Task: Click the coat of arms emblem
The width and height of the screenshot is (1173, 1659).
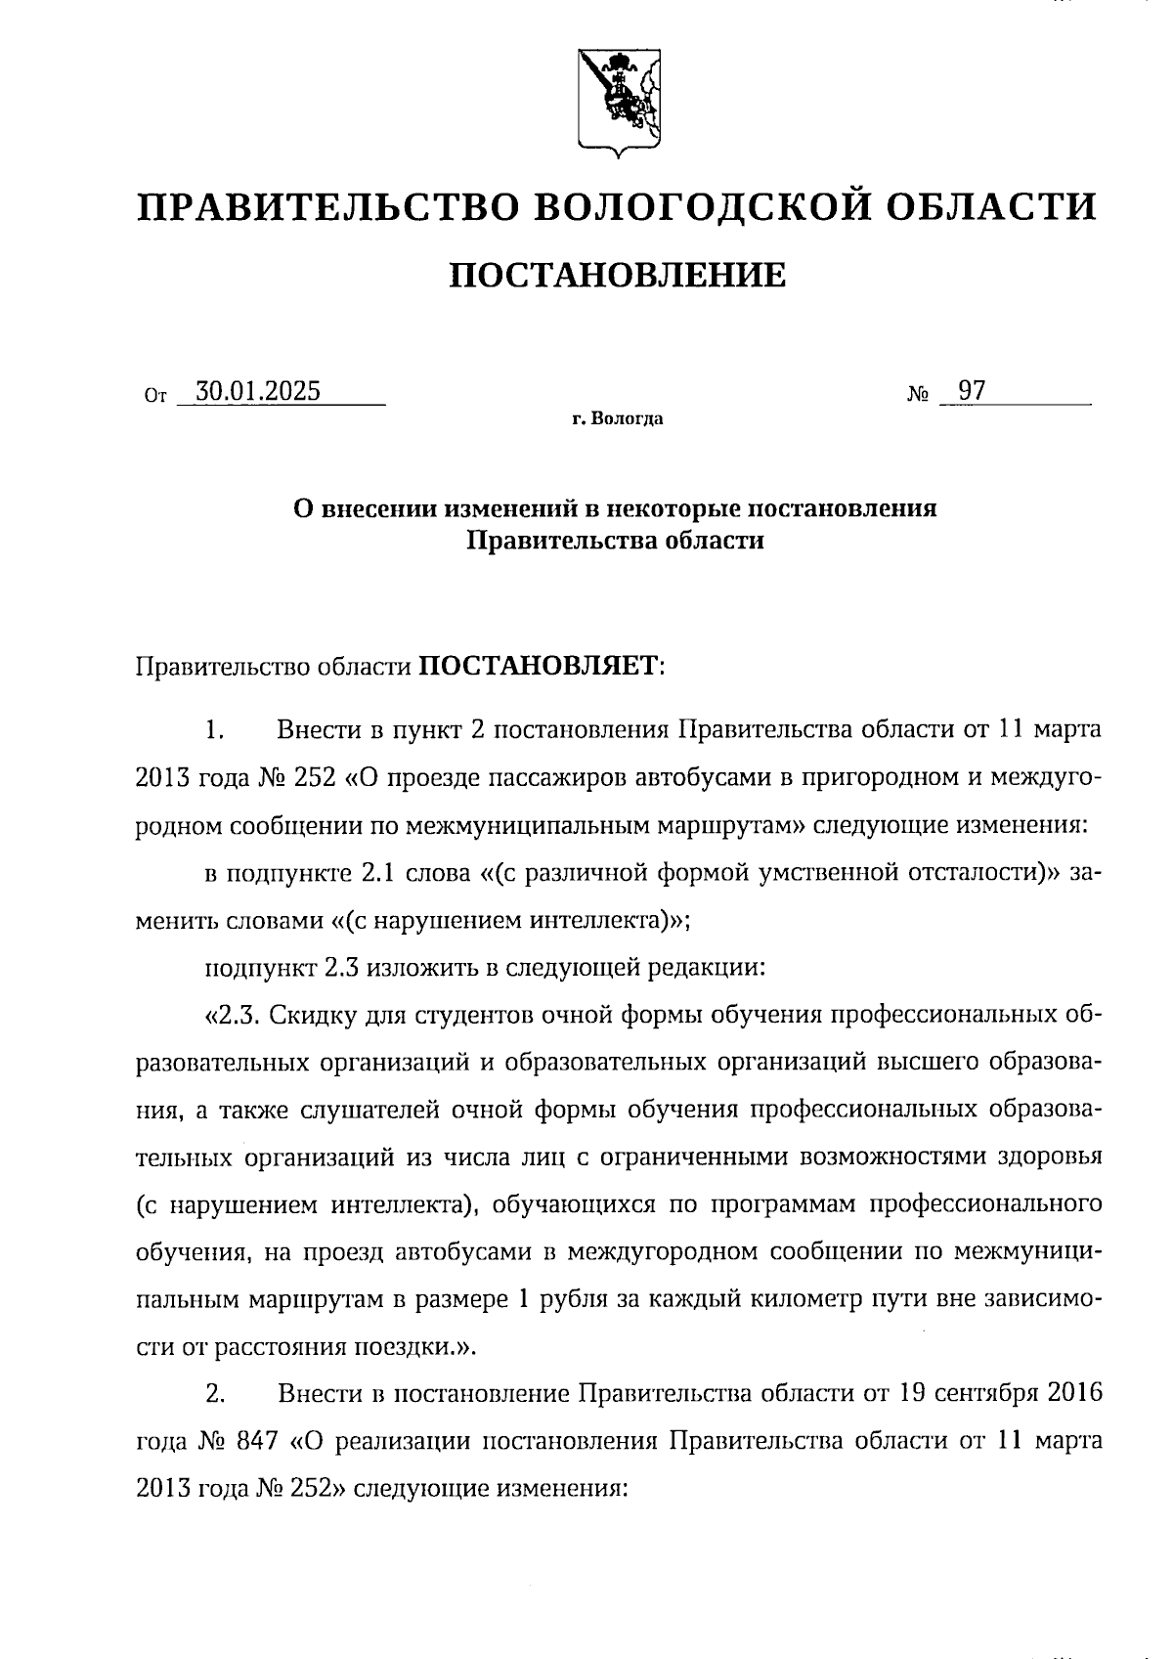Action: point(615,102)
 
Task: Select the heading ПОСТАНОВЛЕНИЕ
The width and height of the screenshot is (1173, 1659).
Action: point(617,276)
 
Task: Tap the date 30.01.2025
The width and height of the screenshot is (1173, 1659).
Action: point(258,392)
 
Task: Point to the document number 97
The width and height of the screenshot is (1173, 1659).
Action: point(971,392)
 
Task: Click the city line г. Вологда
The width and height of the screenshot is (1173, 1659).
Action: point(618,419)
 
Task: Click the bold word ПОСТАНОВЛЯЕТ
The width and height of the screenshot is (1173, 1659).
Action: point(540,666)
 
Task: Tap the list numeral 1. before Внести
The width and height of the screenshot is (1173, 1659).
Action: point(215,730)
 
